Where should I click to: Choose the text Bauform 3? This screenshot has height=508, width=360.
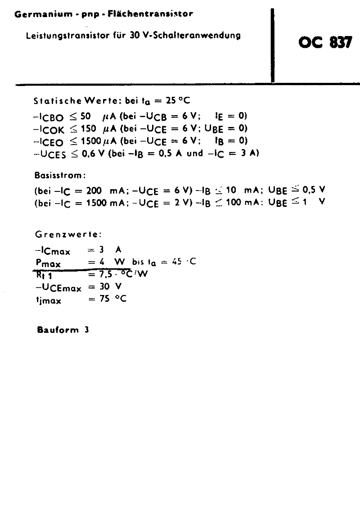point(63,330)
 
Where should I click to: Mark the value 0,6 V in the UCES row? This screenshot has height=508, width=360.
point(93,153)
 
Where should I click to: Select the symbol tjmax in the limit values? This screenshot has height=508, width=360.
point(48,299)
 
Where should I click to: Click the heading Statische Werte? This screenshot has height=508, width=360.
point(74,100)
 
